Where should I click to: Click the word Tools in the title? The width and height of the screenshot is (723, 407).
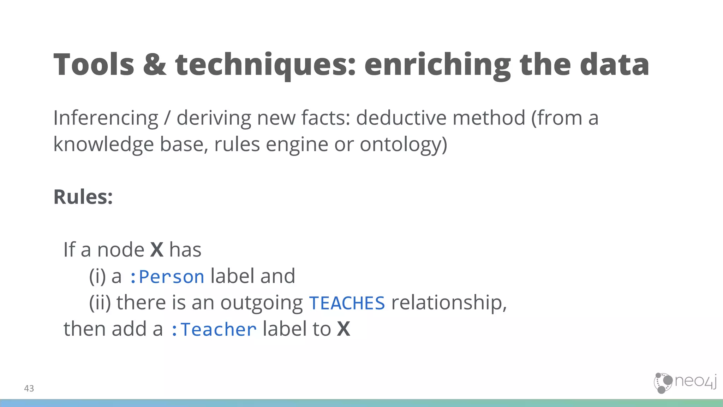coord(94,64)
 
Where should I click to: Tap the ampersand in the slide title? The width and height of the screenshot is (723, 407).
coord(155,64)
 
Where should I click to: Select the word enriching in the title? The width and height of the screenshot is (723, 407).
coord(437,65)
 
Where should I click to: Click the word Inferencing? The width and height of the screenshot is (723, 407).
coord(106,118)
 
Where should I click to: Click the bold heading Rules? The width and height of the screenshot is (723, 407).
coord(83,197)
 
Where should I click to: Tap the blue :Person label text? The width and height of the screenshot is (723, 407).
coord(167,277)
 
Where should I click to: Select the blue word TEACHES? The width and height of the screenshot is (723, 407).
coord(347,303)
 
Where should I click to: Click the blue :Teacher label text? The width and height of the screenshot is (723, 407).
coord(213,330)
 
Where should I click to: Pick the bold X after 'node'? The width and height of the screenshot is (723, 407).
coord(157,250)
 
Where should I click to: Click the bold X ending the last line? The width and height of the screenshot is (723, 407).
coord(343,329)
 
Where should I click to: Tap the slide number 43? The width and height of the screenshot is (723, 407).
coord(29,388)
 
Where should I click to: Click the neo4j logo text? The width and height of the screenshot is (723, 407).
coord(695,381)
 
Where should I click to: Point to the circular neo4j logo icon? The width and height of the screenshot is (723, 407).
coord(663,383)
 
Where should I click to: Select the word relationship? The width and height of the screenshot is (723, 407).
coord(449,303)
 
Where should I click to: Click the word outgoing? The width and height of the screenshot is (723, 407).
coord(261,303)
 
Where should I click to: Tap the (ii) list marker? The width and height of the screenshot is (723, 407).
coord(100,303)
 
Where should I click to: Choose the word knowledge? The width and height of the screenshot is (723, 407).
coord(104,144)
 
